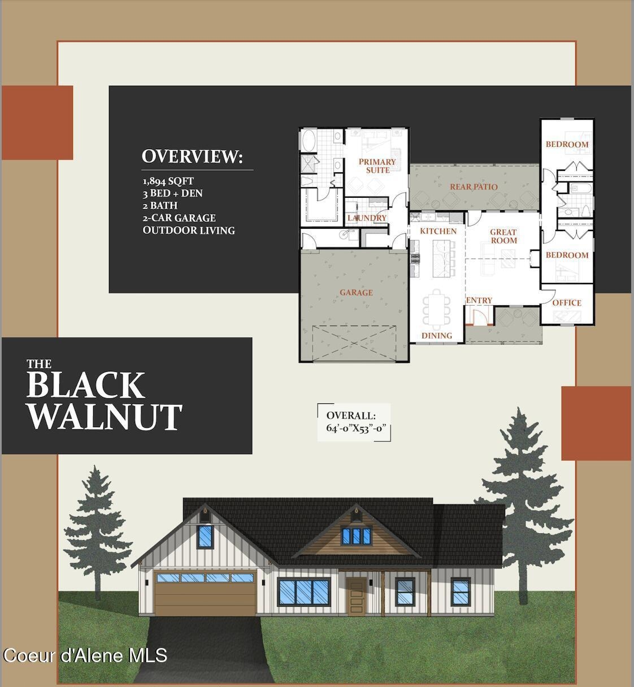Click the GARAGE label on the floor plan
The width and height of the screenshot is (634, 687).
(x=356, y=293)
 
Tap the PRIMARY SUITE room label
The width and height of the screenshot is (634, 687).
(x=377, y=166)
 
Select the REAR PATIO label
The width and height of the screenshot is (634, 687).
(x=474, y=187)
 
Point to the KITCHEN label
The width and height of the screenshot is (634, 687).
(x=438, y=231)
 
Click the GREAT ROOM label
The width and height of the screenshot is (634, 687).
(x=503, y=236)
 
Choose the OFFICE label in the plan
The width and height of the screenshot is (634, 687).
(x=567, y=303)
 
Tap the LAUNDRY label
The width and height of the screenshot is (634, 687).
(x=367, y=218)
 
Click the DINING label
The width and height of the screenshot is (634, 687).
(x=437, y=336)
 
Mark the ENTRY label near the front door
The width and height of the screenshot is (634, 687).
(x=479, y=301)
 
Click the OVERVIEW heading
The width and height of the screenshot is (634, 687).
(x=192, y=156)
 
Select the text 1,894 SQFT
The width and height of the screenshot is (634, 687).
(x=168, y=181)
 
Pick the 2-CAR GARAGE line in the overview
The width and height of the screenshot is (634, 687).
(x=179, y=218)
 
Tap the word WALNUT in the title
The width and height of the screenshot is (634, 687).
(x=105, y=417)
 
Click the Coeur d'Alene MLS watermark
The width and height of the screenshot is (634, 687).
(x=85, y=655)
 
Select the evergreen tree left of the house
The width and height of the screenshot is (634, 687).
(x=97, y=537)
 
